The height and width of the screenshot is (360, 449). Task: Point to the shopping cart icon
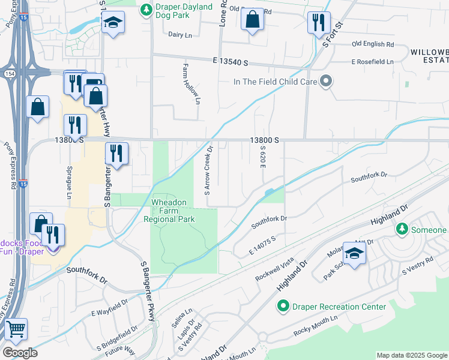click(x=15, y=329)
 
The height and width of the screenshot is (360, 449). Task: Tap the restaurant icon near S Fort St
click(x=318, y=22)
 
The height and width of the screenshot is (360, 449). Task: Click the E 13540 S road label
click(x=230, y=62)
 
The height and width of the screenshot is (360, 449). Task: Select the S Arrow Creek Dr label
click(x=208, y=170)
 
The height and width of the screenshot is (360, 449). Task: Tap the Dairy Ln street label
click(x=179, y=35)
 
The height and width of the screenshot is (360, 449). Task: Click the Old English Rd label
click(x=373, y=44)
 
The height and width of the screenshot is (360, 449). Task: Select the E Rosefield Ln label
click(x=372, y=61)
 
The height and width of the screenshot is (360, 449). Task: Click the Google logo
click(x=20, y=353)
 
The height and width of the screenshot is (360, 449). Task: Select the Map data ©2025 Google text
click(x=411, y=355)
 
